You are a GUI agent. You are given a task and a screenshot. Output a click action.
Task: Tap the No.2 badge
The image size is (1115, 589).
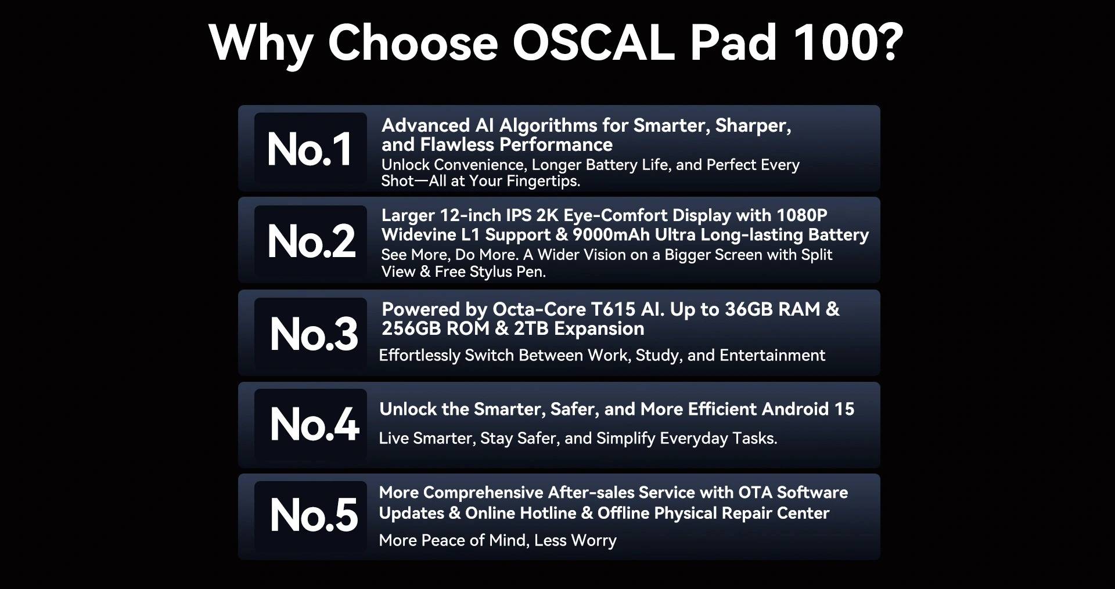tap(310, 241)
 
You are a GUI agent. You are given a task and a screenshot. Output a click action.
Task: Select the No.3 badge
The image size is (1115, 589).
tap(310, 333)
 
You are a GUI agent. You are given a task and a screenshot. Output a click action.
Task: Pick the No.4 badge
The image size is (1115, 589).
tap(310, 424)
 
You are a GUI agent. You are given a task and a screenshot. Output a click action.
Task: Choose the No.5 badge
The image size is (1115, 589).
tap(310, 516)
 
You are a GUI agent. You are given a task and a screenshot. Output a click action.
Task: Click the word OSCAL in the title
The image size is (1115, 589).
tap(594, 43)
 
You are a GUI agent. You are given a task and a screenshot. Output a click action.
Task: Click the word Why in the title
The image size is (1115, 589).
tap(261, 45)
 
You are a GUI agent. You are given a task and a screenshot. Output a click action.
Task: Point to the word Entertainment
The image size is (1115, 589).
tap(772, 355)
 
